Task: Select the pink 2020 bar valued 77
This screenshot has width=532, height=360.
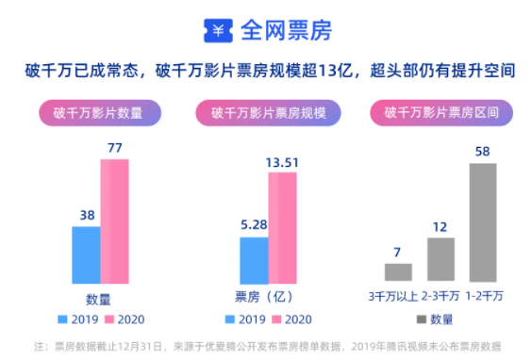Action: [x=114, y=221]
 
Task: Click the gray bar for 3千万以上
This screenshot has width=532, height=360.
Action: [x=398, y=272]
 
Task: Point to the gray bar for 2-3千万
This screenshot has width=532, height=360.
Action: [x=441, y=259]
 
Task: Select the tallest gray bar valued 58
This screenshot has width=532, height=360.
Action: [x=482, y=222]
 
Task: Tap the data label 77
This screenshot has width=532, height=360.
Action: [x=115, y=148]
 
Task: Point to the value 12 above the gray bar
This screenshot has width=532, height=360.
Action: [x=441, y=226]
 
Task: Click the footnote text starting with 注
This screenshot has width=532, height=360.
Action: [x=267, y=345]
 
